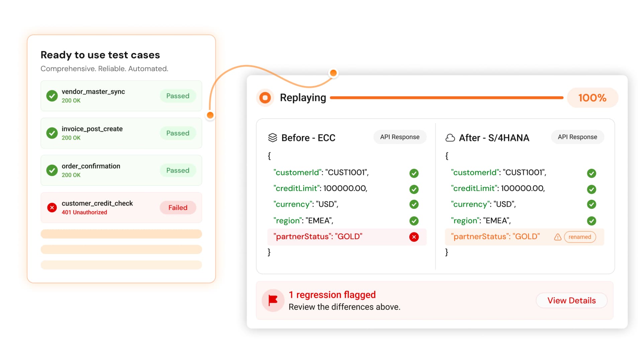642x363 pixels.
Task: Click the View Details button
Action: point(571,300)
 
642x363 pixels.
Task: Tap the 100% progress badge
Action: point(592,98)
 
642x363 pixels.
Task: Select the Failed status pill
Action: point(178,207)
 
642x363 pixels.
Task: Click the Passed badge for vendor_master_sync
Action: point(178,96)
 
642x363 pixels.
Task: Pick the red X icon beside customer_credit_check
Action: point(52,207)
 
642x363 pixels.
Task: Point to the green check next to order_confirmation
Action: point(52,170)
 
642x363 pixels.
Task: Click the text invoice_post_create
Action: point(92,129)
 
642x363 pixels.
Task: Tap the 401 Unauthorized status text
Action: point(84,212)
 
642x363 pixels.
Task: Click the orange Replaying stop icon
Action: point(265,98)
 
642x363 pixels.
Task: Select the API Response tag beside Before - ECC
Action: point(400,137)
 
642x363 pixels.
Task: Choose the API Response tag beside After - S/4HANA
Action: point(577,137)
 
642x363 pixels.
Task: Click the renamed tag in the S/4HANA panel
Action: point(580,237)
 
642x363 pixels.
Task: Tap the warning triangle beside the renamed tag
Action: point(557,237)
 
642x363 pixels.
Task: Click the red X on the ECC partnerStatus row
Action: point(414,237)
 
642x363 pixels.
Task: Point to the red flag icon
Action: point(273,300)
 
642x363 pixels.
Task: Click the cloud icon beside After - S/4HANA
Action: point(450,138)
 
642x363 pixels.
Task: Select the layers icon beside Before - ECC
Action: point(273,138)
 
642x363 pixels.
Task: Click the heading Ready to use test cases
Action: point(100,55)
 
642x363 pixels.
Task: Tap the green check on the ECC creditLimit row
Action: point(414,189)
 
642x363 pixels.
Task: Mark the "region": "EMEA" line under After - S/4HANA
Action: point(480,220)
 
